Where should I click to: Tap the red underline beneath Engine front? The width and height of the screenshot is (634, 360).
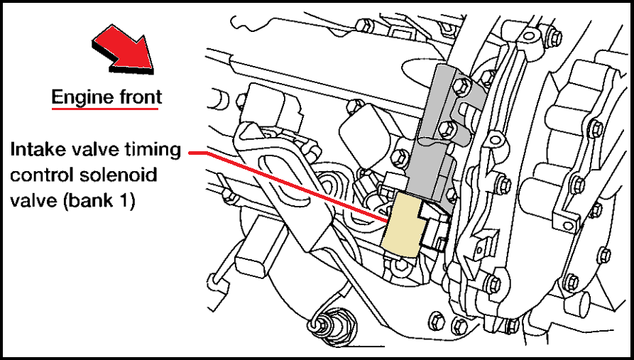[105, 109]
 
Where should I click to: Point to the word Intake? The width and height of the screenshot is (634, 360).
[33, 150]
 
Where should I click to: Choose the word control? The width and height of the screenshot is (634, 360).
[39, 175]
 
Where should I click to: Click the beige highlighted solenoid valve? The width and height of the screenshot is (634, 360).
[402, 224]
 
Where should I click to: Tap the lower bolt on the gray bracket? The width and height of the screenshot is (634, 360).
[447, 129]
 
